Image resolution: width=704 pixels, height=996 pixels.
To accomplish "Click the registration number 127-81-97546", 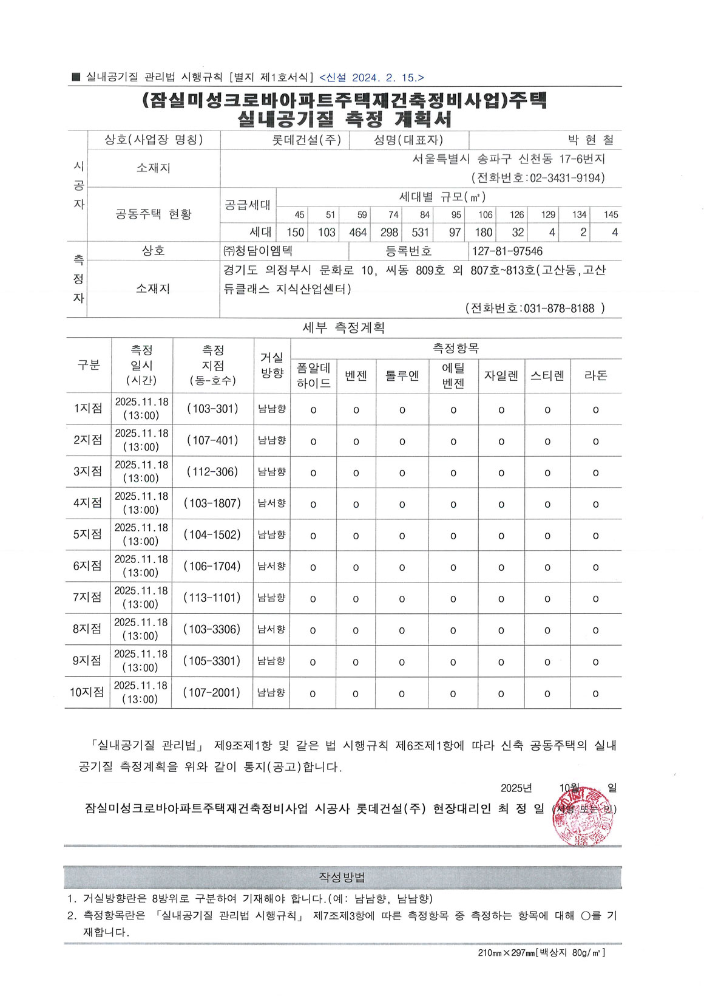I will pos(507,251).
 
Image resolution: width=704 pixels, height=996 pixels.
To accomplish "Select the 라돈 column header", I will pos(595,375).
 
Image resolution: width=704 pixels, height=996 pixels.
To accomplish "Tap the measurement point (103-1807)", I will pos(212,503).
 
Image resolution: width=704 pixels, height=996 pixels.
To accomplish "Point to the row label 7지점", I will pos(87,598).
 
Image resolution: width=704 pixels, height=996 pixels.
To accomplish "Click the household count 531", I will pos(420,233).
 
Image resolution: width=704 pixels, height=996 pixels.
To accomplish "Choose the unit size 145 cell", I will pos(611,215).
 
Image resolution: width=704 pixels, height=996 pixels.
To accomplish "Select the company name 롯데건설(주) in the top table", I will pos(306,140).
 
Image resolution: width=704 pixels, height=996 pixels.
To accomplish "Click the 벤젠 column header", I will pos(356,375).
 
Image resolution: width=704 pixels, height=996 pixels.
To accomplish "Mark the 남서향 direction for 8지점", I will pos(271,630).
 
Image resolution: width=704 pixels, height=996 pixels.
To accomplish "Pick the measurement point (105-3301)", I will pos(212,661).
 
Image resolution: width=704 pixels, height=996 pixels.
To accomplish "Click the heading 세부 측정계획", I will pos(344,328).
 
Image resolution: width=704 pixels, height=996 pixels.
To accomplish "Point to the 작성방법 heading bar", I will pos(342,878).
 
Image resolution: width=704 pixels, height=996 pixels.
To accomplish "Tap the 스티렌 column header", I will pos(547,375).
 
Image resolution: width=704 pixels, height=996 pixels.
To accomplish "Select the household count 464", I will pos(357,233).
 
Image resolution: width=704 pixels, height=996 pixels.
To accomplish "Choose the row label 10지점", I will pos(87,692).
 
